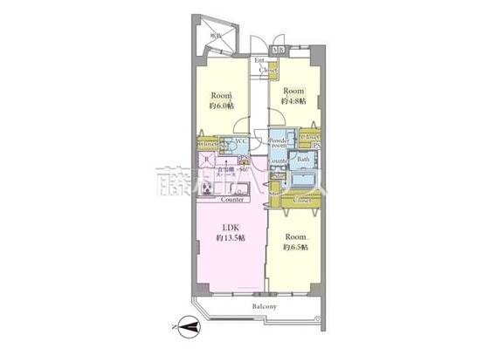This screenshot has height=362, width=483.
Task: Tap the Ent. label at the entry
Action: (259, 60)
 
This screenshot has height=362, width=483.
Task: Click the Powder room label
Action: (279, 144)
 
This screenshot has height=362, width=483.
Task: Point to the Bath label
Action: (303, 160)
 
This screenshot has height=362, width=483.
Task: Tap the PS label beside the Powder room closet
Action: (315, 147)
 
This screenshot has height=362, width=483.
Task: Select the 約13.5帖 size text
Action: (228, 243)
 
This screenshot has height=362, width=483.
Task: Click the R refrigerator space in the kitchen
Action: (206, 160)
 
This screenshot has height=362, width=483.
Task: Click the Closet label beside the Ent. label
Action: (267, 69)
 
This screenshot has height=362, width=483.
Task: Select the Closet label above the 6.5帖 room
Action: (302, 201)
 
